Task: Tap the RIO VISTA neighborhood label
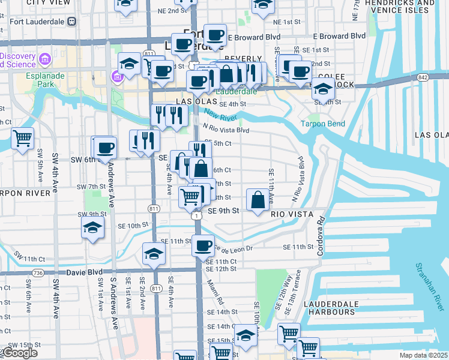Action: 292,213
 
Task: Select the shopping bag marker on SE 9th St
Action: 258,200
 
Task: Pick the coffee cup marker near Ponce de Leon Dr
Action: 203,245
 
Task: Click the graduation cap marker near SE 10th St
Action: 92,228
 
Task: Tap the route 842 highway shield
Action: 424,77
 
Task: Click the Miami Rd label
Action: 214,292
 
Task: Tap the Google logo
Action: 20,353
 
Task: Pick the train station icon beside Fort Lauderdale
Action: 71,22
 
